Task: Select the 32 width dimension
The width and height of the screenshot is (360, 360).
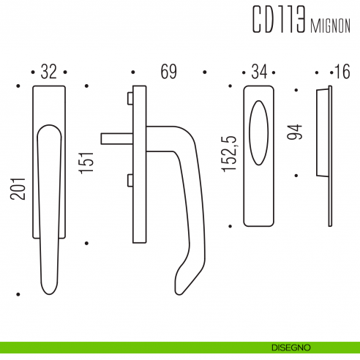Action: (x=49, y=72)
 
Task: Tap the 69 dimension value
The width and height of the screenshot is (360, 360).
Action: (x=168, y=72)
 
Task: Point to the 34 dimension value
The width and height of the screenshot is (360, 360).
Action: (x=259, y=72)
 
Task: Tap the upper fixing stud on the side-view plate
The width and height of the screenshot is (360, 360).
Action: (x=130, y=98)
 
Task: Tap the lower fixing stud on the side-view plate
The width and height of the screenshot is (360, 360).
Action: (x=130, y=179)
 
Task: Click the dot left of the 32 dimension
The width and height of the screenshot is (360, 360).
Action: (x=34, y=72)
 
